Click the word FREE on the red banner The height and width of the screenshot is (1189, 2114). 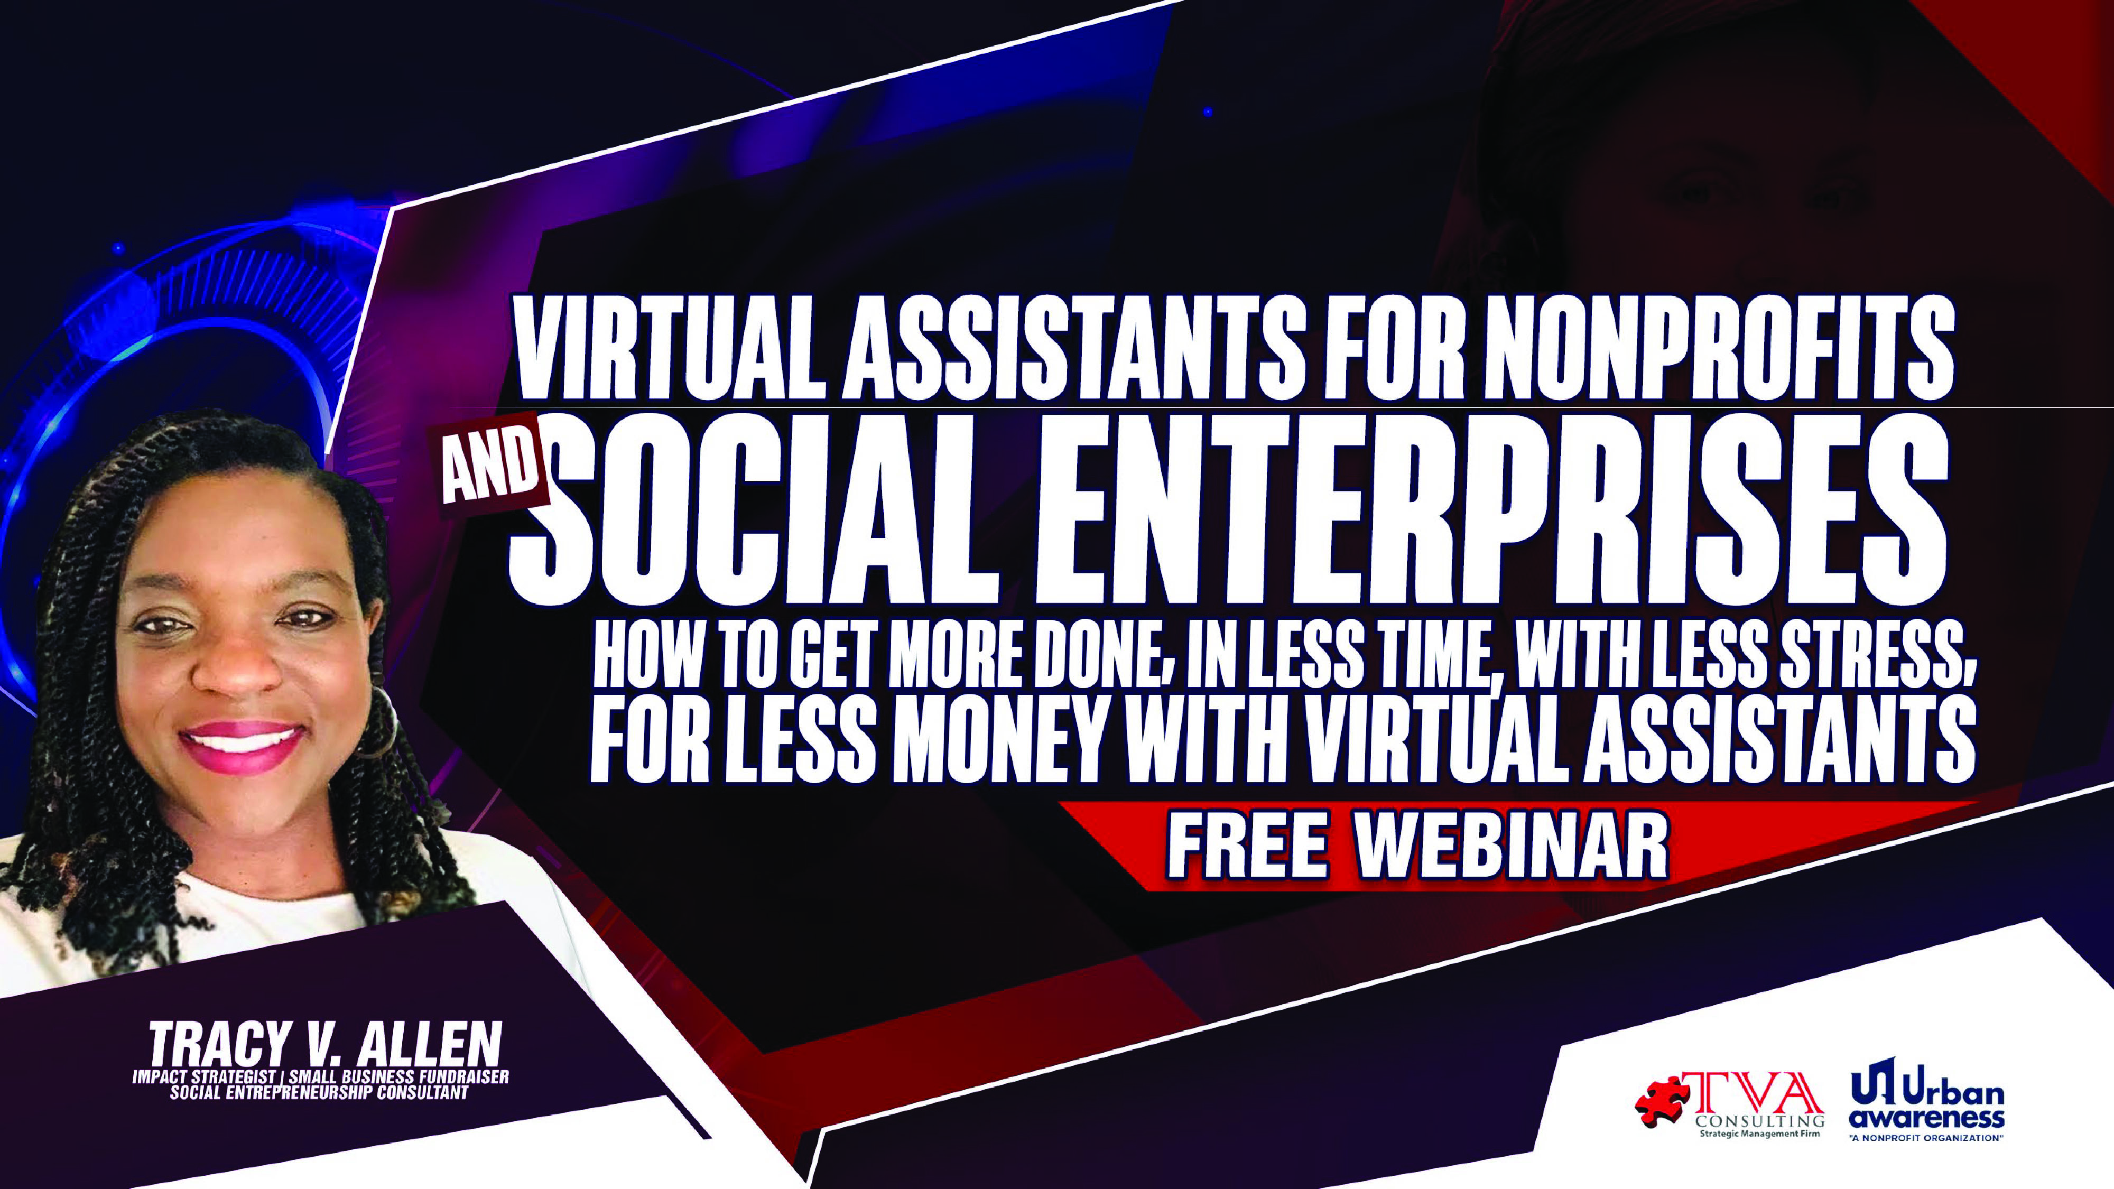coord(1247,844)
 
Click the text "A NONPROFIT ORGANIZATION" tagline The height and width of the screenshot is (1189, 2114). coord(1925,1138)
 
